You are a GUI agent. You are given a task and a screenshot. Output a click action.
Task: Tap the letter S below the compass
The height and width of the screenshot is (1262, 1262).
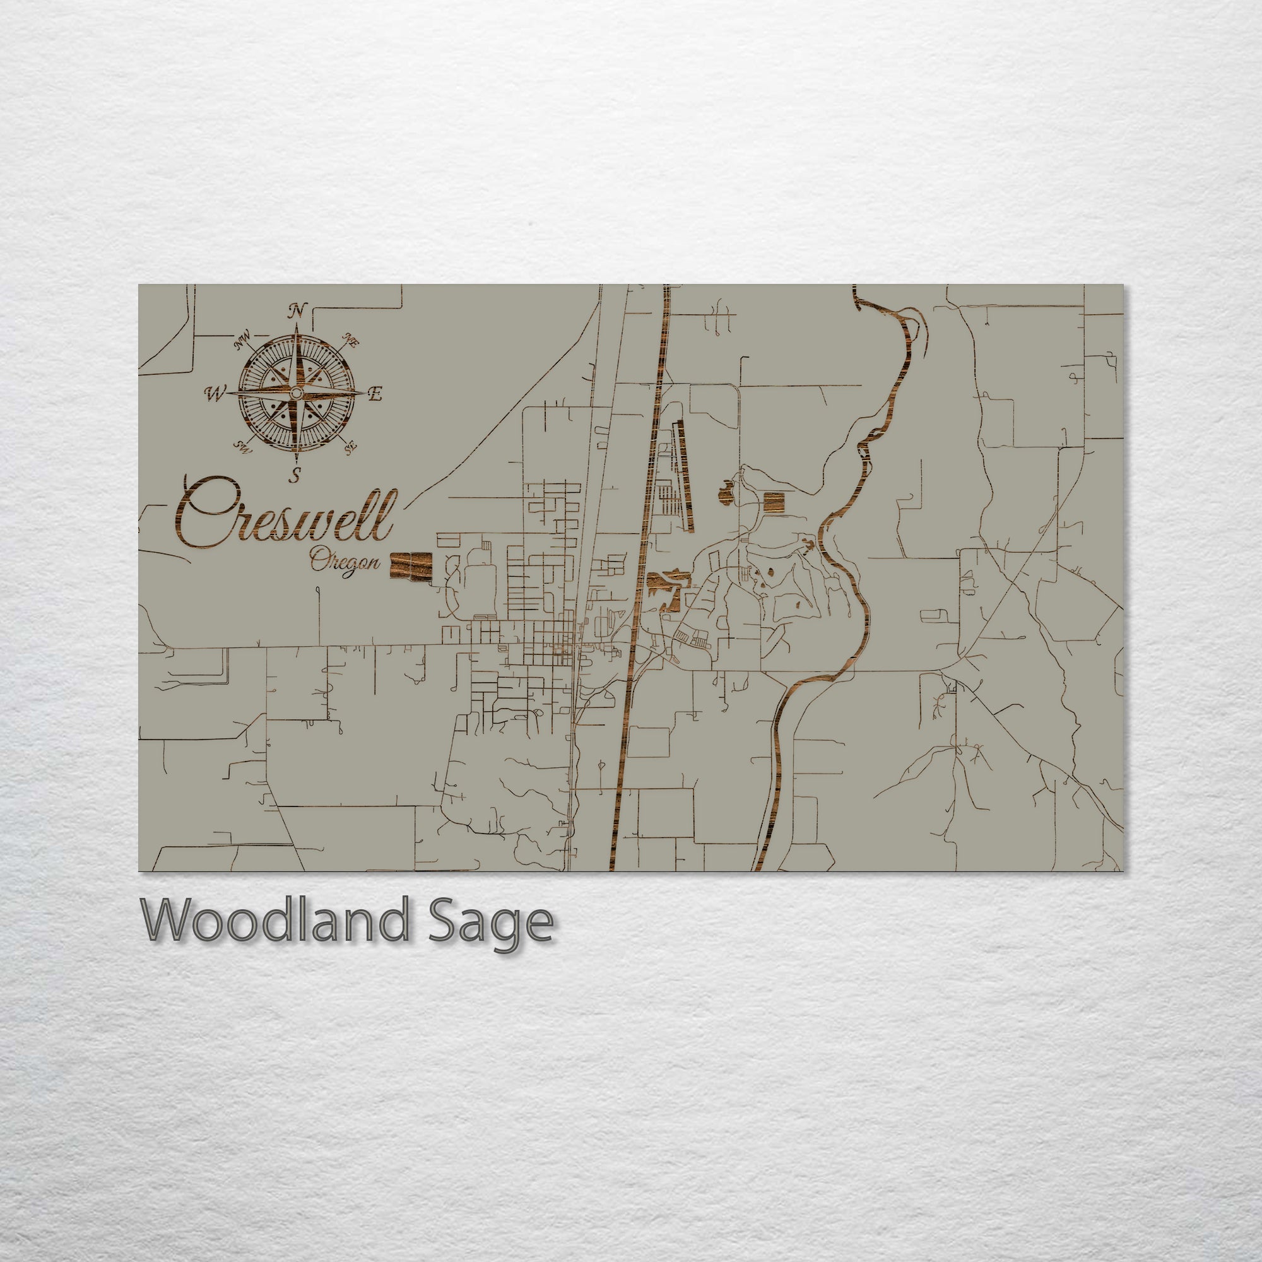[296, 475]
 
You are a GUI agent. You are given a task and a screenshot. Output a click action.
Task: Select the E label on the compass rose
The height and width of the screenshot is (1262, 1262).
[375, 394]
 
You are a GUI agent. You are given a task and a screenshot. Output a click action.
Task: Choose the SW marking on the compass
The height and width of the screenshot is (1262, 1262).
[243, 448]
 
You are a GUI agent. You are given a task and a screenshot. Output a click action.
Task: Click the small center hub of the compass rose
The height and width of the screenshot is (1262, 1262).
[296, 393]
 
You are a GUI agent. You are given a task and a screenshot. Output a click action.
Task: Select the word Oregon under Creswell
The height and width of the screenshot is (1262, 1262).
[345, 561]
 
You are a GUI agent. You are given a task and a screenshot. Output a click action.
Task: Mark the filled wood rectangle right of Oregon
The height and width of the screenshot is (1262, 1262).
[411, 565]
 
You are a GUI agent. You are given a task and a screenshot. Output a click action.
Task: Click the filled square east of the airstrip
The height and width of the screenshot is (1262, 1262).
[774, 503]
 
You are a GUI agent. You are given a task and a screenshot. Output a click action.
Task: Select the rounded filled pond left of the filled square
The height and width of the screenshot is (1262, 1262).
[726, 493]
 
